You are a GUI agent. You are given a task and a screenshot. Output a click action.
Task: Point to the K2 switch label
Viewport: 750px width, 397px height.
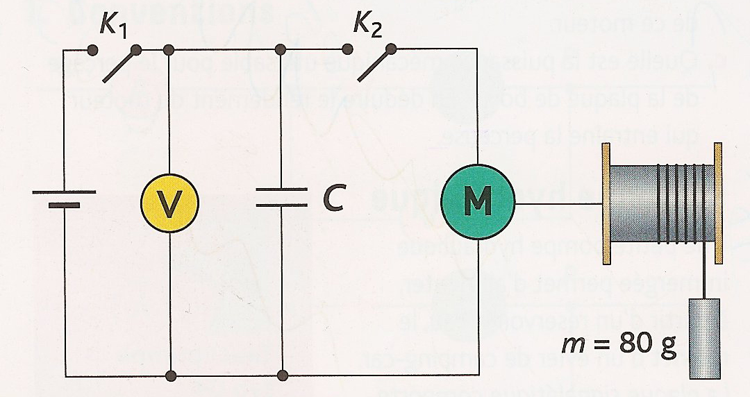[367, 26]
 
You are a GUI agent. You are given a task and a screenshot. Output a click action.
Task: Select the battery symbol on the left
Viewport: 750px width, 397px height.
[65, 198]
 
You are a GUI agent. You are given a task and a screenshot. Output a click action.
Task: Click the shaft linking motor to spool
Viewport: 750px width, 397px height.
[558, 203]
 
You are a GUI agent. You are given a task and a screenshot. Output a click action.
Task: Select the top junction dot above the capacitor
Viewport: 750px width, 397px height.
[281, 49]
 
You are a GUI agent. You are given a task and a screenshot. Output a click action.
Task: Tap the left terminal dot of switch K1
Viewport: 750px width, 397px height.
[92, 49]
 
